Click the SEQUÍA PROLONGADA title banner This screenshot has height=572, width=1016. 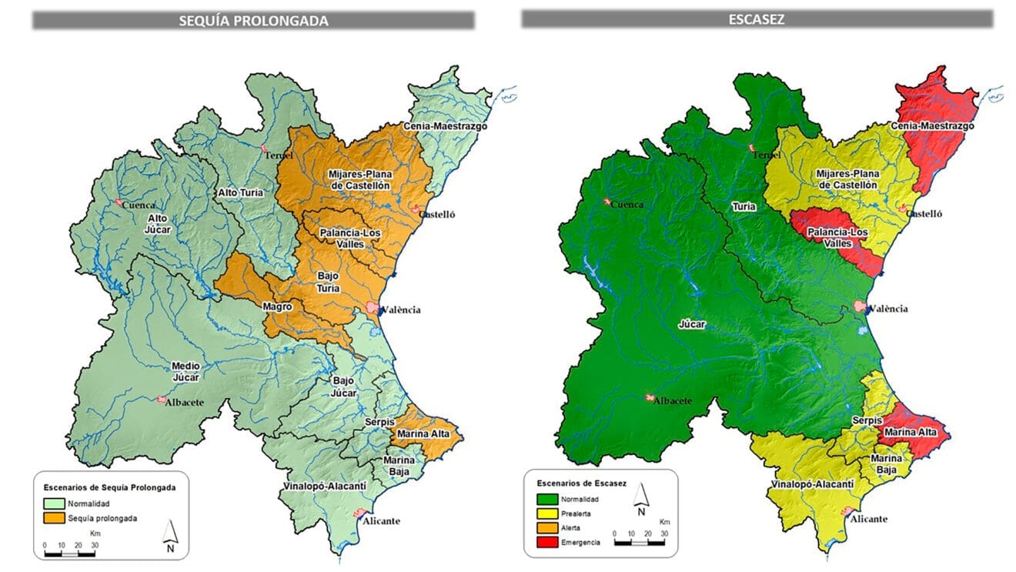253,21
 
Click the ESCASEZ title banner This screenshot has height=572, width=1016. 757,19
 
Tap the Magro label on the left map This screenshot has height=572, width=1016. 277,306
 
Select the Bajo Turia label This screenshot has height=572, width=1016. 328,282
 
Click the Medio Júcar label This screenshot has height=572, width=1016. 185,371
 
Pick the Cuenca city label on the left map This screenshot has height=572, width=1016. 139,205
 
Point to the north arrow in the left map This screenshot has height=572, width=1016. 171,534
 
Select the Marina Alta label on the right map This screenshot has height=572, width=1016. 911,432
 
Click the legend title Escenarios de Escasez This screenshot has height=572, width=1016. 582,483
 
